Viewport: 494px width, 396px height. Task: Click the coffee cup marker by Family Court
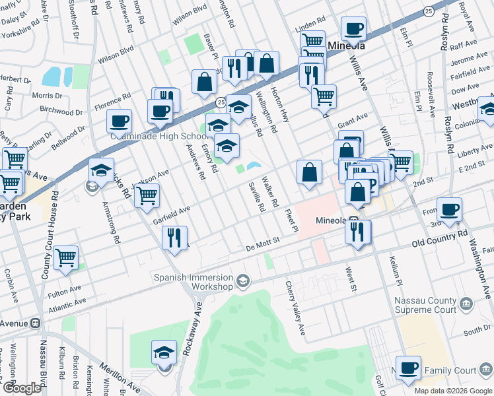pyautogui.click(x=408, y=368)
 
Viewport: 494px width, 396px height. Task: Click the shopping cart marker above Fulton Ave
pyautogui.click(x=65, y=257)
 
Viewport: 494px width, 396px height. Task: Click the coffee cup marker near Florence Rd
pyautogui.click(x=119, y=121)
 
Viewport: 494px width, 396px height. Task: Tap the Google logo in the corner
pyautogui.click(x=21, y=388)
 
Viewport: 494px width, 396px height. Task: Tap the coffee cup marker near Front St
pyautogui.click(x=449, y=209)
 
